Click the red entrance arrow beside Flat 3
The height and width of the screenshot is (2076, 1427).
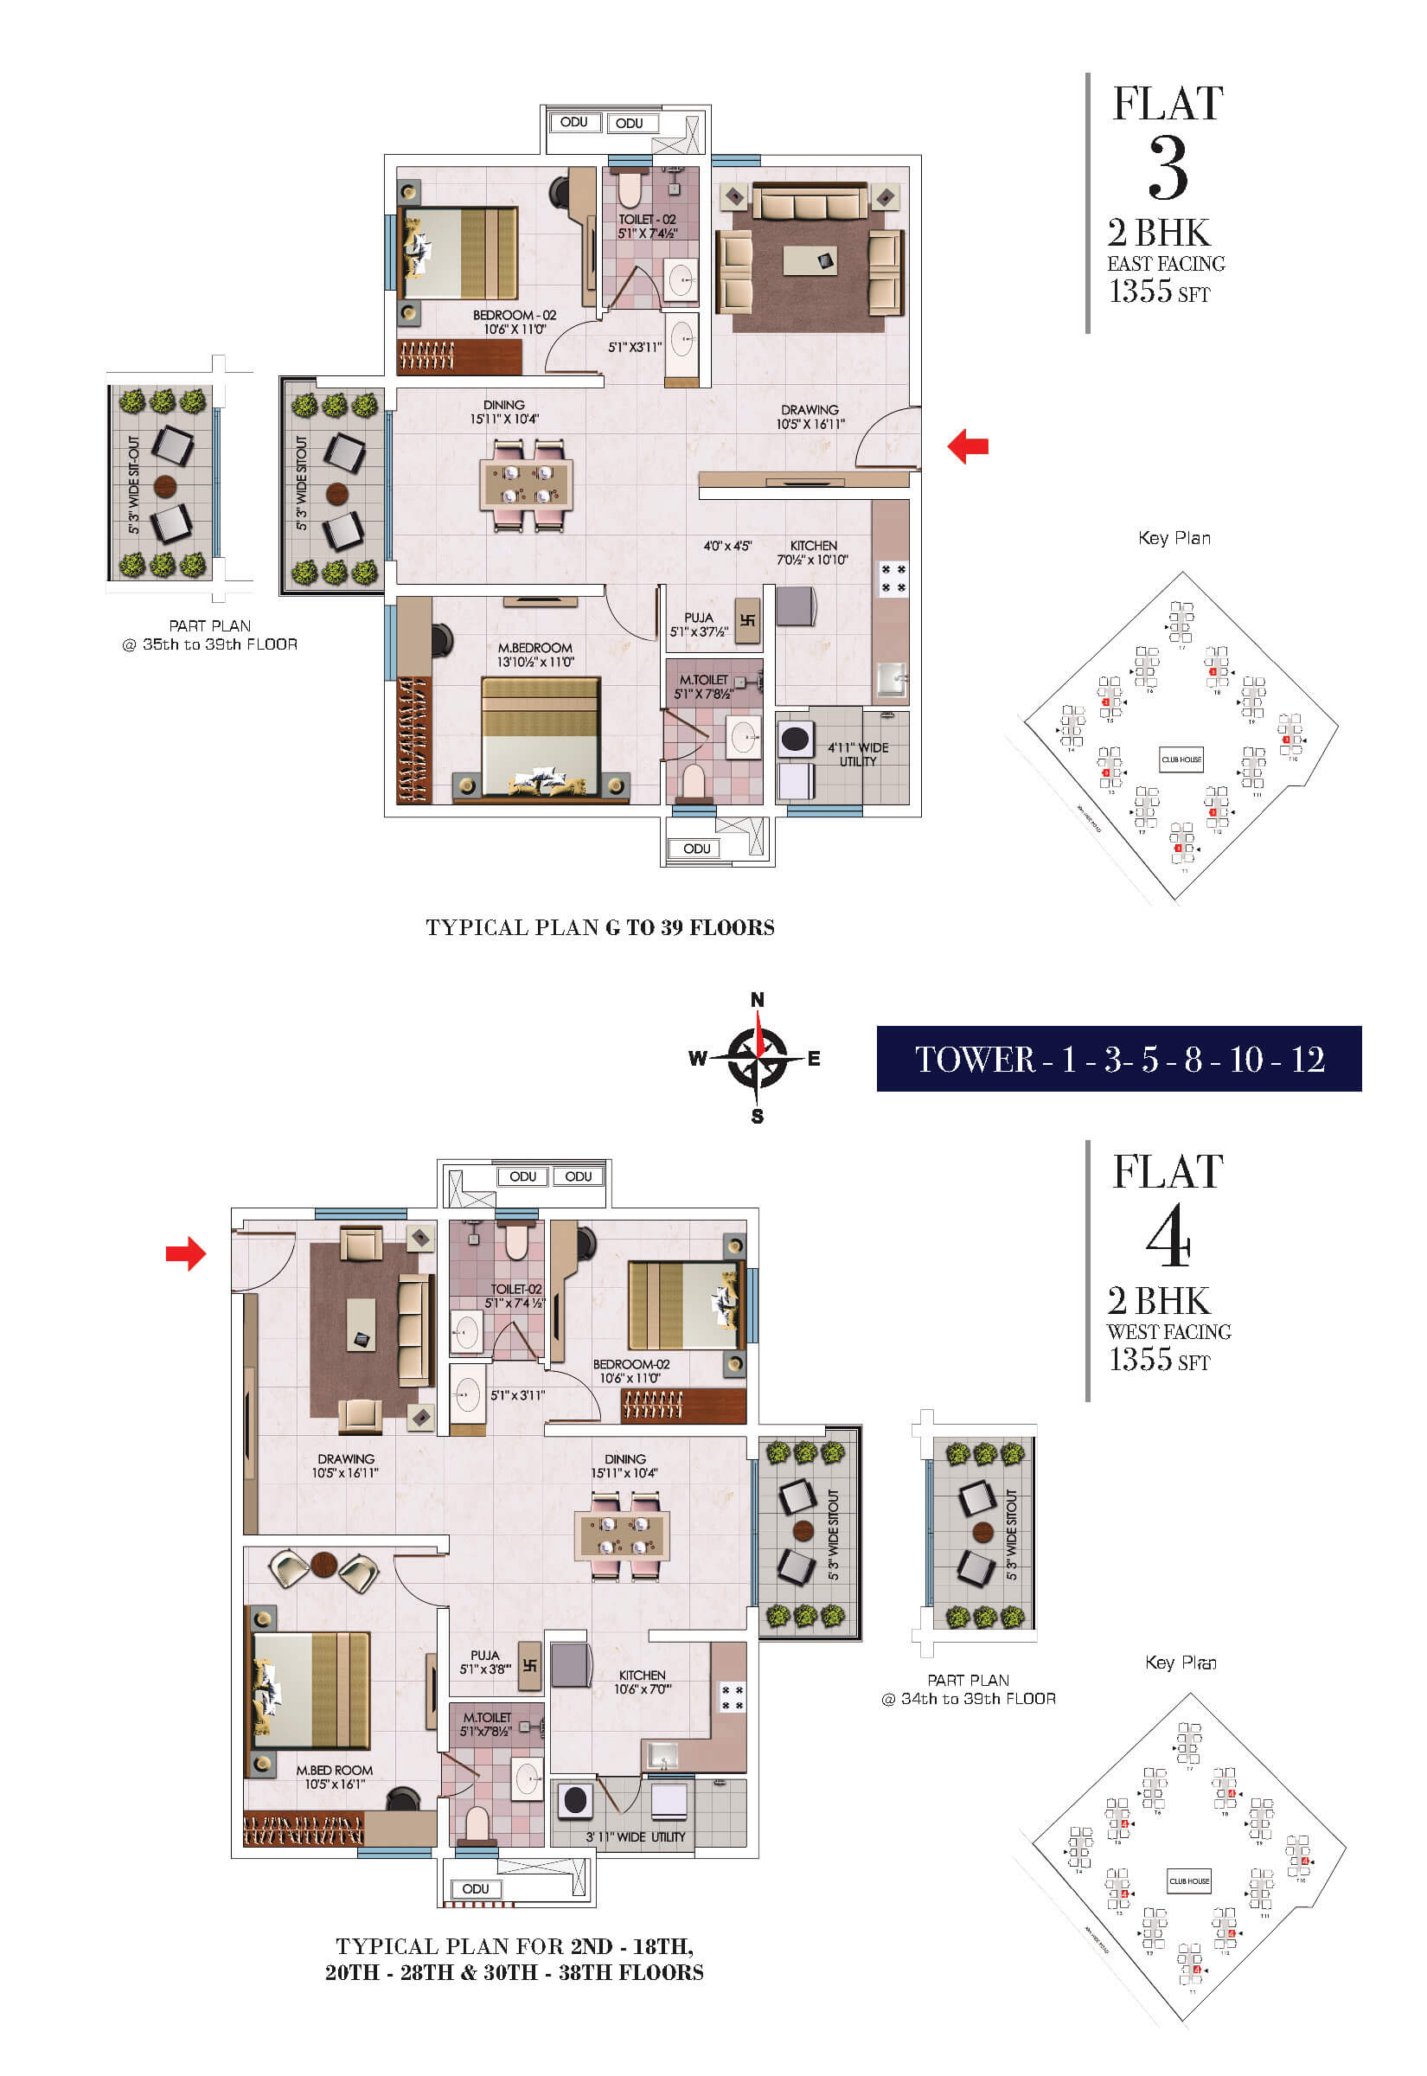(x=968, y=446)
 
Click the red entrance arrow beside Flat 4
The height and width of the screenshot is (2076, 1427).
(x=186, y=1253)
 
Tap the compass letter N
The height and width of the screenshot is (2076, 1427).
(x=758, y=1000)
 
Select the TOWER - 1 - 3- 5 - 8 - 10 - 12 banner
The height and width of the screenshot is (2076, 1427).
(x=1118, y=1059)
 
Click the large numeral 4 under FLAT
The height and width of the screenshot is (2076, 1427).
(x=1168, y=1236)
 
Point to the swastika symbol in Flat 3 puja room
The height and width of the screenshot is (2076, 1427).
(x=747, y=619)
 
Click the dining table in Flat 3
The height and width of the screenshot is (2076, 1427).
(x=526, y=484)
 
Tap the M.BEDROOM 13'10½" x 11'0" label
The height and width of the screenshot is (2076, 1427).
(x=535, y=655)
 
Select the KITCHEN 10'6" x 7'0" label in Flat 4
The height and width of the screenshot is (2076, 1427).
(x=642, y=1682)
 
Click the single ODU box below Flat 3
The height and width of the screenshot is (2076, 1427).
(x=696, y=849)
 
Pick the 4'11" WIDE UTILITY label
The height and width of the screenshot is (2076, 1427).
(x=857, y=753)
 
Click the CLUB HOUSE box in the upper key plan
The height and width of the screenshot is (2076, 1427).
(x=1181, y=759)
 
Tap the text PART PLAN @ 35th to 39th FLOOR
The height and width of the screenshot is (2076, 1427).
(x=210, y=635)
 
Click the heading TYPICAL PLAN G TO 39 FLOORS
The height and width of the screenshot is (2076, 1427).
(x=600, y=927)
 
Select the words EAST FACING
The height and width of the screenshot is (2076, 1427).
(x=1166, y=264)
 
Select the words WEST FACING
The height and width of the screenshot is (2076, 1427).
(x=1168, y=1332)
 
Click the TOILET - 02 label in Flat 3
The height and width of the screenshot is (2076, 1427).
(x=647, y=226)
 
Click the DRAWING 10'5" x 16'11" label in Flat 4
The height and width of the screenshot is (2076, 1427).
(x=345, y=1465)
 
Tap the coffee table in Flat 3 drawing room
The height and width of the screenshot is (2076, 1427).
(x=810, y=260)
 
